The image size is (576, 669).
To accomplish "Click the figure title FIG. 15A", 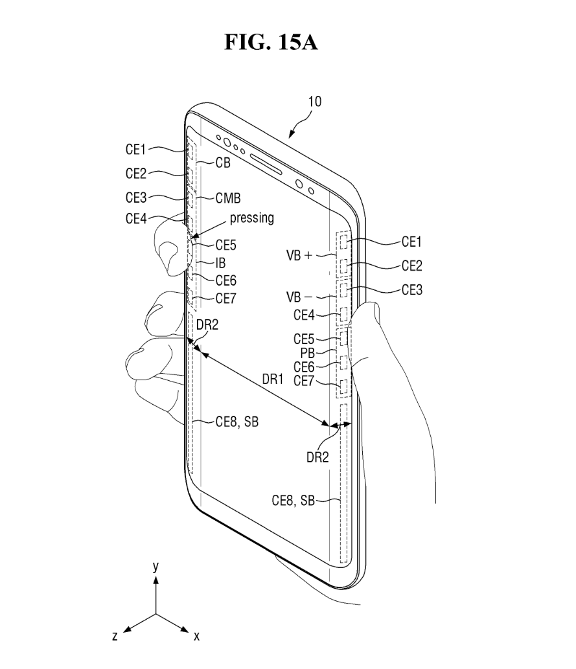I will pos(271,43).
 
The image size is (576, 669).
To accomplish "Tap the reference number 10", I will pos(314,102).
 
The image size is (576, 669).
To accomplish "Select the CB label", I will pos(223,164).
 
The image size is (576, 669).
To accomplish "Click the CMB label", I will pos(228,198).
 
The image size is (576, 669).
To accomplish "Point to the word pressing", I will pos(251,218).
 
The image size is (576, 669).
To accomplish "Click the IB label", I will pos(220,264).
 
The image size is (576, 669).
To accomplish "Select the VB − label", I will pos(299,298).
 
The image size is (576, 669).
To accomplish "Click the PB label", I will pos(307,353).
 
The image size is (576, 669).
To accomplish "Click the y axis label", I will pos(156,566).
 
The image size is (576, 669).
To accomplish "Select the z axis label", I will pos(115,636).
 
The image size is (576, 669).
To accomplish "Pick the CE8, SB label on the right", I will pos(294,500).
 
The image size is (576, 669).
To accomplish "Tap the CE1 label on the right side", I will pos(411,242).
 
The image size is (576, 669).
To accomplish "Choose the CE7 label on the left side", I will pos(226,299).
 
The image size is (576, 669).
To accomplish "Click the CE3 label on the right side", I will pos(411,290).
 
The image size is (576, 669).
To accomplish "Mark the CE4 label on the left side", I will pos(137,218).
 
